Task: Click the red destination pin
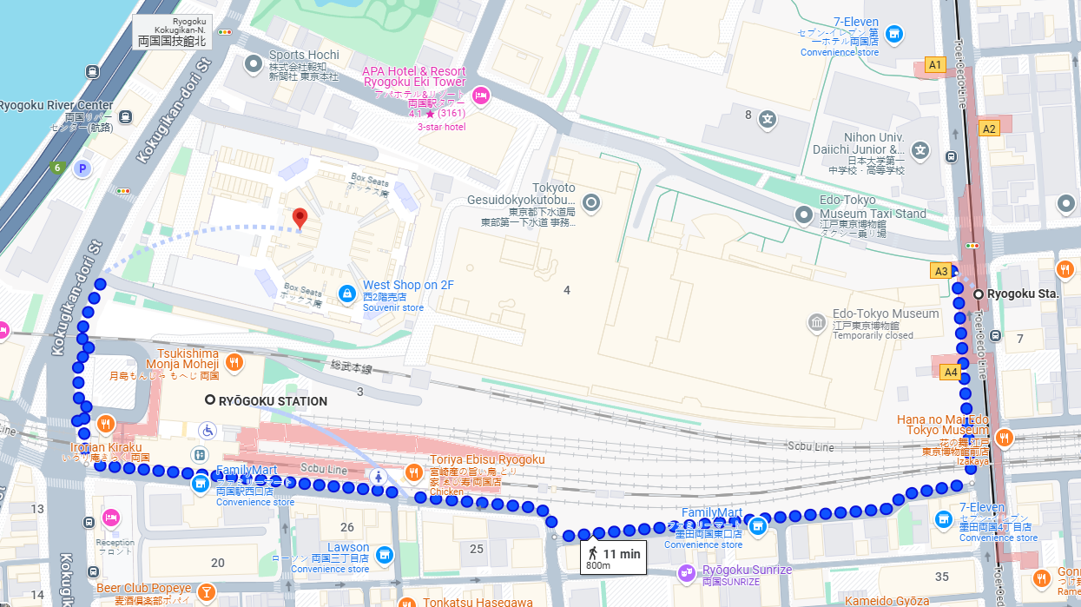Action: pos(300,218)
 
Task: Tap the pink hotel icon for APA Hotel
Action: pos(480,96)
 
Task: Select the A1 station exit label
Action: pos(934,64)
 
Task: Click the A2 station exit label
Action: pos(988,129)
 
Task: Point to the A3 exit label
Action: pos(940,271)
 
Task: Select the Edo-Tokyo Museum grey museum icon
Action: pos(816,324)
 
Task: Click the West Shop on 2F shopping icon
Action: pos(346,294)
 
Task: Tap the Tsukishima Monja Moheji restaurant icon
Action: pos(234,362)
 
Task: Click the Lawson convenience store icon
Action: pos(385,554)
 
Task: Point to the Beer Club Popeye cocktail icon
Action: pos(206,593)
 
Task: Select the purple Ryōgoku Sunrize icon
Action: pos(687,572)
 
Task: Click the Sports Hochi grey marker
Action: pos(253,63)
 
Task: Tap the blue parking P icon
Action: pos(82,168)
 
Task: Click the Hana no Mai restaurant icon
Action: pos(1004,437)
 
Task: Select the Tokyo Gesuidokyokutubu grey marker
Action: pos(591,204)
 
